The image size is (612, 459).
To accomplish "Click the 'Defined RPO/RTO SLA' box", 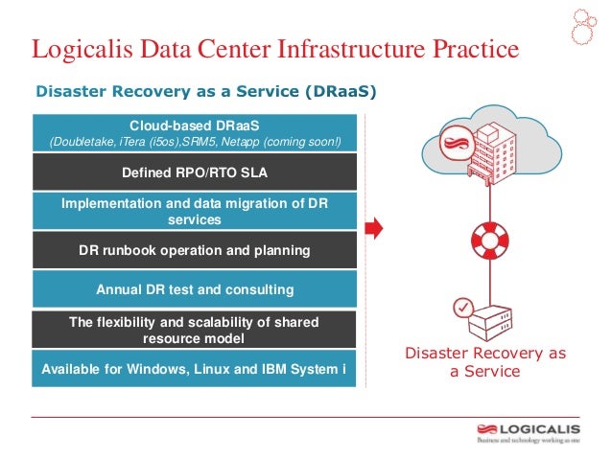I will tap(195, 172).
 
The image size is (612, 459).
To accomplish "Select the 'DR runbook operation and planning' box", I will tap(195, 250).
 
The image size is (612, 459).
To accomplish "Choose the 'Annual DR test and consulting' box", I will tap(195, 288).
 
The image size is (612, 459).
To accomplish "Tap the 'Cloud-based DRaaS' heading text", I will tap(195, 126).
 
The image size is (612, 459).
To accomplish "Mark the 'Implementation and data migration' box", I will tap(195, 211).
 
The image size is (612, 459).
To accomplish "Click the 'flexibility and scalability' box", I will tap(195, 329).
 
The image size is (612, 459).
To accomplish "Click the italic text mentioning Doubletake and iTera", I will tap(195, 143).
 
